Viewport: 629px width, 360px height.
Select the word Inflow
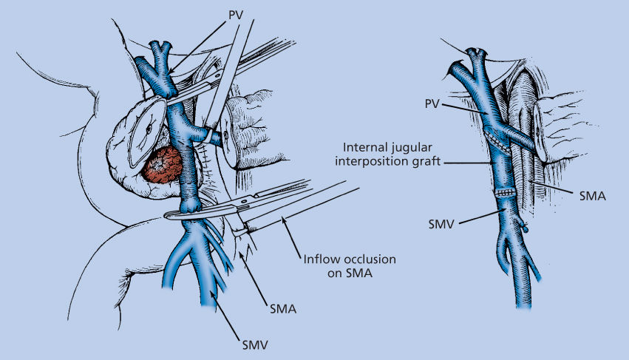tap(321, 260)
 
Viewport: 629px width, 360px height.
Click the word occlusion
tap(367, 260)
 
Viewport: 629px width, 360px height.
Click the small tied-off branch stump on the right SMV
tap(526, 228)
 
